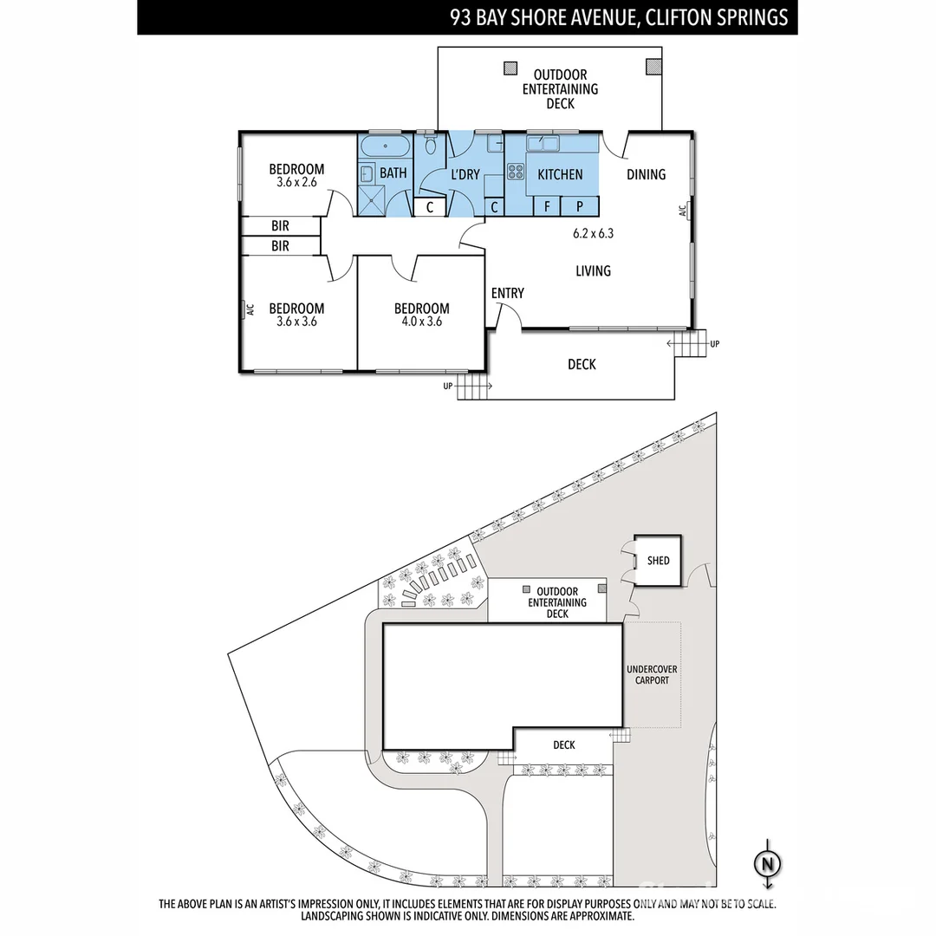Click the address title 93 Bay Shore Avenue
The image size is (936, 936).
[619, 16]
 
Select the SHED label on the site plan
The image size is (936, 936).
[659, 561]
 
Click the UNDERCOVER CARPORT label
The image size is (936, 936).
[652, 675]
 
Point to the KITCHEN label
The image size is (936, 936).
[560, 174]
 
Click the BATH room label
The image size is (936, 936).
[393, 173]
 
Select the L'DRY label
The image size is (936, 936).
[465, 174]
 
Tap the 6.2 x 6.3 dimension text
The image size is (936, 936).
[594, 233]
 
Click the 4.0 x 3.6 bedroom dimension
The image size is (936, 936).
[421, 322]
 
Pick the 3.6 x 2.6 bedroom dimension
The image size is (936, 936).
[296, 183]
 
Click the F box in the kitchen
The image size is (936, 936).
[547, 206]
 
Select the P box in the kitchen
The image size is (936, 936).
[580, 206]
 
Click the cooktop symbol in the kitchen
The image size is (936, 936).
[516, 171]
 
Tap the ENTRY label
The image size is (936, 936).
[507, 293]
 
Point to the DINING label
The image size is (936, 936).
[646, 174]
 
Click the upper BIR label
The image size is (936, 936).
[280, 225]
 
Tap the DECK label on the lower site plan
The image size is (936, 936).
[563, 744]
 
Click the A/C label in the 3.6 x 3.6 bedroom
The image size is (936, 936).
[248, 309]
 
